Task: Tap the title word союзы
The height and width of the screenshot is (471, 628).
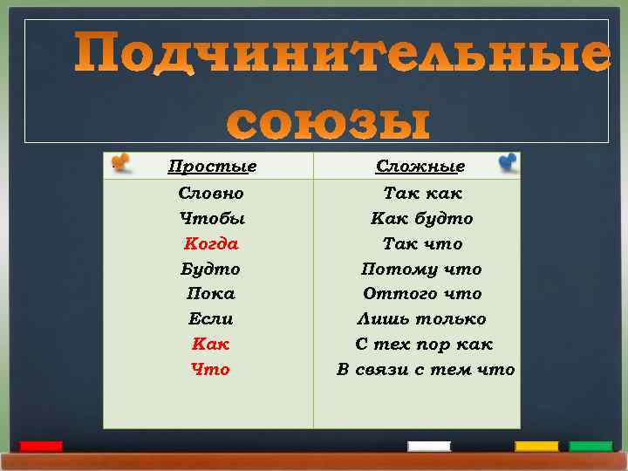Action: (x=330, y=122)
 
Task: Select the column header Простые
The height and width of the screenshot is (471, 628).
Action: (x=212, y=166)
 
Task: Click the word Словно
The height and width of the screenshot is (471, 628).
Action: (x=211, y=193)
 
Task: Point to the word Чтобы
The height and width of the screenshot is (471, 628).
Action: (x=211, y=218)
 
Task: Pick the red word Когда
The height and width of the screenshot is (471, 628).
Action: (x=211, y=243)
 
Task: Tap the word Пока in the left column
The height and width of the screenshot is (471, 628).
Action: (x=211, y=294)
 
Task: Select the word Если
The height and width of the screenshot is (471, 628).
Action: (x=211, y=319)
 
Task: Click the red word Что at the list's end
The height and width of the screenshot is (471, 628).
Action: (x=211, y=370)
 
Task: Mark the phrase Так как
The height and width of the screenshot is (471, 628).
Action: (x=423, y=193)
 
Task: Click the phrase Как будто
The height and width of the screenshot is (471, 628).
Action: (x=422, y=218)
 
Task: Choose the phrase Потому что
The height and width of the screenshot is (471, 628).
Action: (x=422, y=269)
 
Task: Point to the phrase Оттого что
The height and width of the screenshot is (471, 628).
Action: (x=422, y=294)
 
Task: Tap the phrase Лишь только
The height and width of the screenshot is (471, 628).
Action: (x=422, y=319)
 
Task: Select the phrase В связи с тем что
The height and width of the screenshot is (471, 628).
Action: (x=426, y=370)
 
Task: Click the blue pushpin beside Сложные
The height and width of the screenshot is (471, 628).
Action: (x=508, y=162)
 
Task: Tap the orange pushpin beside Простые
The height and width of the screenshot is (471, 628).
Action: (x=119, y=162)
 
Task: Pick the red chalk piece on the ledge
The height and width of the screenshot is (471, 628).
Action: (x=41, y=447)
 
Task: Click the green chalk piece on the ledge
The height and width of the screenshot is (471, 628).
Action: (x=590, y=447)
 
